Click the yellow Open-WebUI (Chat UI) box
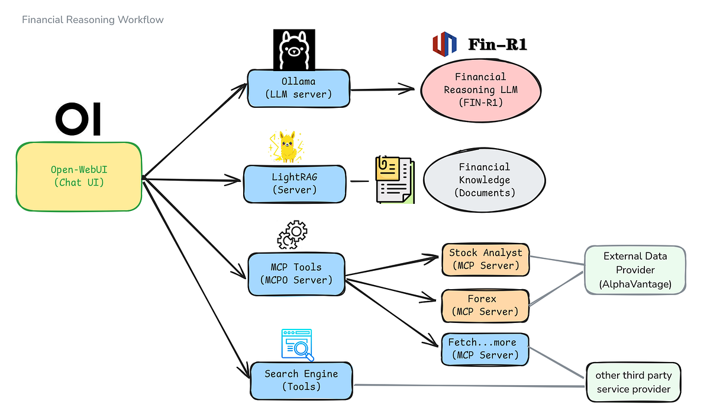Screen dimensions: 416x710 pos(79,176)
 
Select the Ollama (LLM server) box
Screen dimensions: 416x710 pos(299,88)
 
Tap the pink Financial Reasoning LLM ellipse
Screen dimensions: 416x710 pos(480,89)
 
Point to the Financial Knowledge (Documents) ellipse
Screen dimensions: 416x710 pos(484,180)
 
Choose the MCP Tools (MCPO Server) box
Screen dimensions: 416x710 pos(296,274)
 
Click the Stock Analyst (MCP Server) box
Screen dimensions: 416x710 pos(485,259)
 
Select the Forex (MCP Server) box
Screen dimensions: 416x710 pos(485,305)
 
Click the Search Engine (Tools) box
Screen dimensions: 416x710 pos(301,380)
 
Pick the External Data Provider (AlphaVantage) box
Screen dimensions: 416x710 pos(635,270)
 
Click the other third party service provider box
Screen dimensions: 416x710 pos(633,382)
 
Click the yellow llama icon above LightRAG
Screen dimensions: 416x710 pos(286,147)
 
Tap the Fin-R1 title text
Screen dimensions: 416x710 pos(497,44)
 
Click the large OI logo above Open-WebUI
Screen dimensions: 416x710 pos(78,119)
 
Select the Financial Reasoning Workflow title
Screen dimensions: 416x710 pos(93,20)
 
